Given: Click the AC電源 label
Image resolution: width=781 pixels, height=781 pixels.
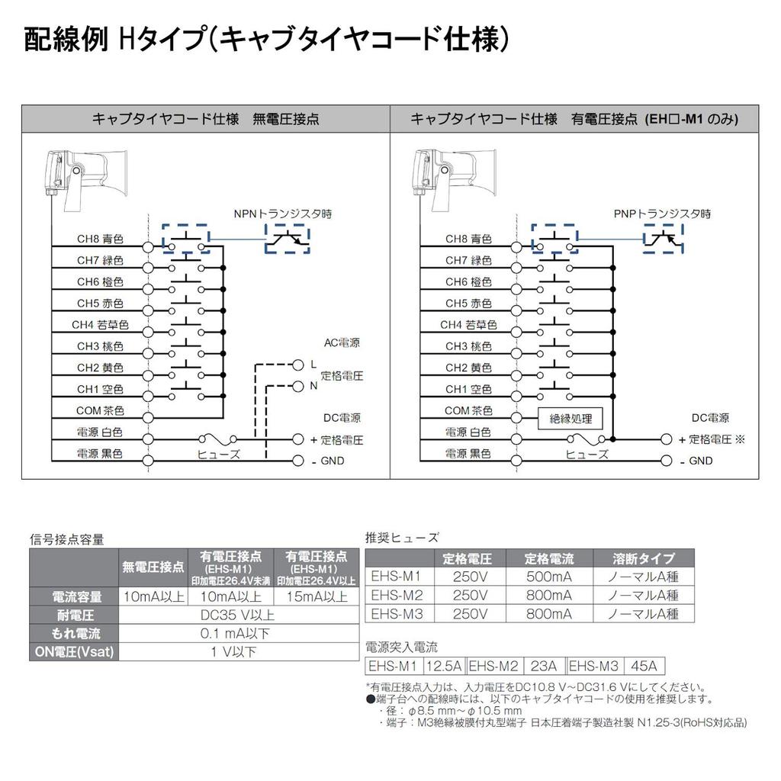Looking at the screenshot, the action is pyautogui.click(x=342, y=343).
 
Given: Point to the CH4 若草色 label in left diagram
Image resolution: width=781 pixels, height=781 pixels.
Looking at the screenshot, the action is pyautogui.click(x=101, y=325).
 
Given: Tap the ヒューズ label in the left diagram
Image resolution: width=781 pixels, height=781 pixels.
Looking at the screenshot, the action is pyautogui.click(x=219, y=454).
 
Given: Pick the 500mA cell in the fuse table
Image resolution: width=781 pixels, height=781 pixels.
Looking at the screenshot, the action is pyautogui.click(x=548, y=577).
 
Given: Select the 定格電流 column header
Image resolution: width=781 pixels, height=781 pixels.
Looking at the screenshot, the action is pyautogui.click(x=548, y=558).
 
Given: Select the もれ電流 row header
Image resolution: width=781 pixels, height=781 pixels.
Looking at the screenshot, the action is pyautogui.click(x=75, y=633).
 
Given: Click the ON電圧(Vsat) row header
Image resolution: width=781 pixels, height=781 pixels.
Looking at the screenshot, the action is pyautogui.click(x=75, y=651).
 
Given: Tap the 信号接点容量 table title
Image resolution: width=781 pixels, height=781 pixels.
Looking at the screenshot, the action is pyautogui.click(x=67, y=539).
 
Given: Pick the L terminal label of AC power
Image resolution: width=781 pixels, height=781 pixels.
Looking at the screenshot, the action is pyautogui.click(x=313, y=365).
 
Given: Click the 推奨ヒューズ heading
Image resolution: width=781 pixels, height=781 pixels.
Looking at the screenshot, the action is pyautogui.click(x=402, y=538).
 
